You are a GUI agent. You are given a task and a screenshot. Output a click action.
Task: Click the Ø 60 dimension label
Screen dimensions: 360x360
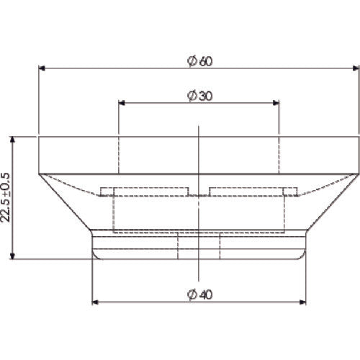pyautogui.click(x=199, y=61)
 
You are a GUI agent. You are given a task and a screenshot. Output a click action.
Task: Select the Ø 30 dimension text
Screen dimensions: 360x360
pyautogui.click(x=199, y=96)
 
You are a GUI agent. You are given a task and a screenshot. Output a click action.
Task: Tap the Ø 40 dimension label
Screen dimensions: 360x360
pyautogui.click(x=199, y=294)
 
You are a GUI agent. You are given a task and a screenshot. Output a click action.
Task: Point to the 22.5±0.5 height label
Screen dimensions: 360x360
pyautogui.click(x=6, y=197)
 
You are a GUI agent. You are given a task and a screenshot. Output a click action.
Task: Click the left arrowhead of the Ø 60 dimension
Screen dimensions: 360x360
pyautogui.click(x=42, y=68)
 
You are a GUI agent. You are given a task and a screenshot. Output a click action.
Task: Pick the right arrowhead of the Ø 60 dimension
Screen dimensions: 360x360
pyautogui.click(x=356, y=68)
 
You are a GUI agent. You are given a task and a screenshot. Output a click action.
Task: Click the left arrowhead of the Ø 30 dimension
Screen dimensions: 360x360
pyautogui.click(x=122, y=103)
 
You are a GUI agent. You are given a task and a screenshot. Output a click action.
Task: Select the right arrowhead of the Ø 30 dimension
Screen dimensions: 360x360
pyautogui.click(x=276, y=103)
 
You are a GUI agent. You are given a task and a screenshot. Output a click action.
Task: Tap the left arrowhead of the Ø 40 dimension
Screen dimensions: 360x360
pyautogui.click(x=95, y=302)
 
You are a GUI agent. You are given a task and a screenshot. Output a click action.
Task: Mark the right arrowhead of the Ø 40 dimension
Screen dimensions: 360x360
pyautogui.click(x=302, y=302)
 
